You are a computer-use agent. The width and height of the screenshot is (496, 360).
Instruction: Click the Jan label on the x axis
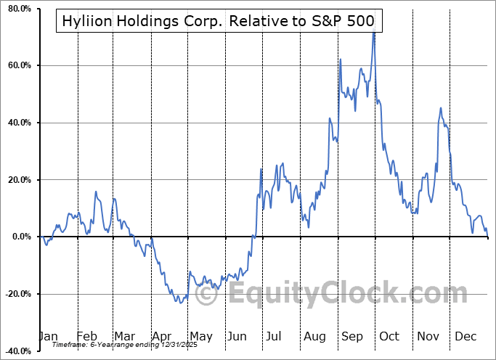(48, 337)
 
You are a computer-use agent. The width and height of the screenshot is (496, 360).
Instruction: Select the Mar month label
(124, 337)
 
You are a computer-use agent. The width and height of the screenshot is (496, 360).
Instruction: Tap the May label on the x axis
(200, 337)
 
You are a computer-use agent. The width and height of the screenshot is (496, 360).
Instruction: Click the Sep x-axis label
(352, 337)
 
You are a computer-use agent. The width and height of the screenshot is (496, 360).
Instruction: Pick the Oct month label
(389, 337)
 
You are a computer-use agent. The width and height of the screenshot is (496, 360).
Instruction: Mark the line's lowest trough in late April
(179, 302)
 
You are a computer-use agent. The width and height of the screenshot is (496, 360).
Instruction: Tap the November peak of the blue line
(440, 108)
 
